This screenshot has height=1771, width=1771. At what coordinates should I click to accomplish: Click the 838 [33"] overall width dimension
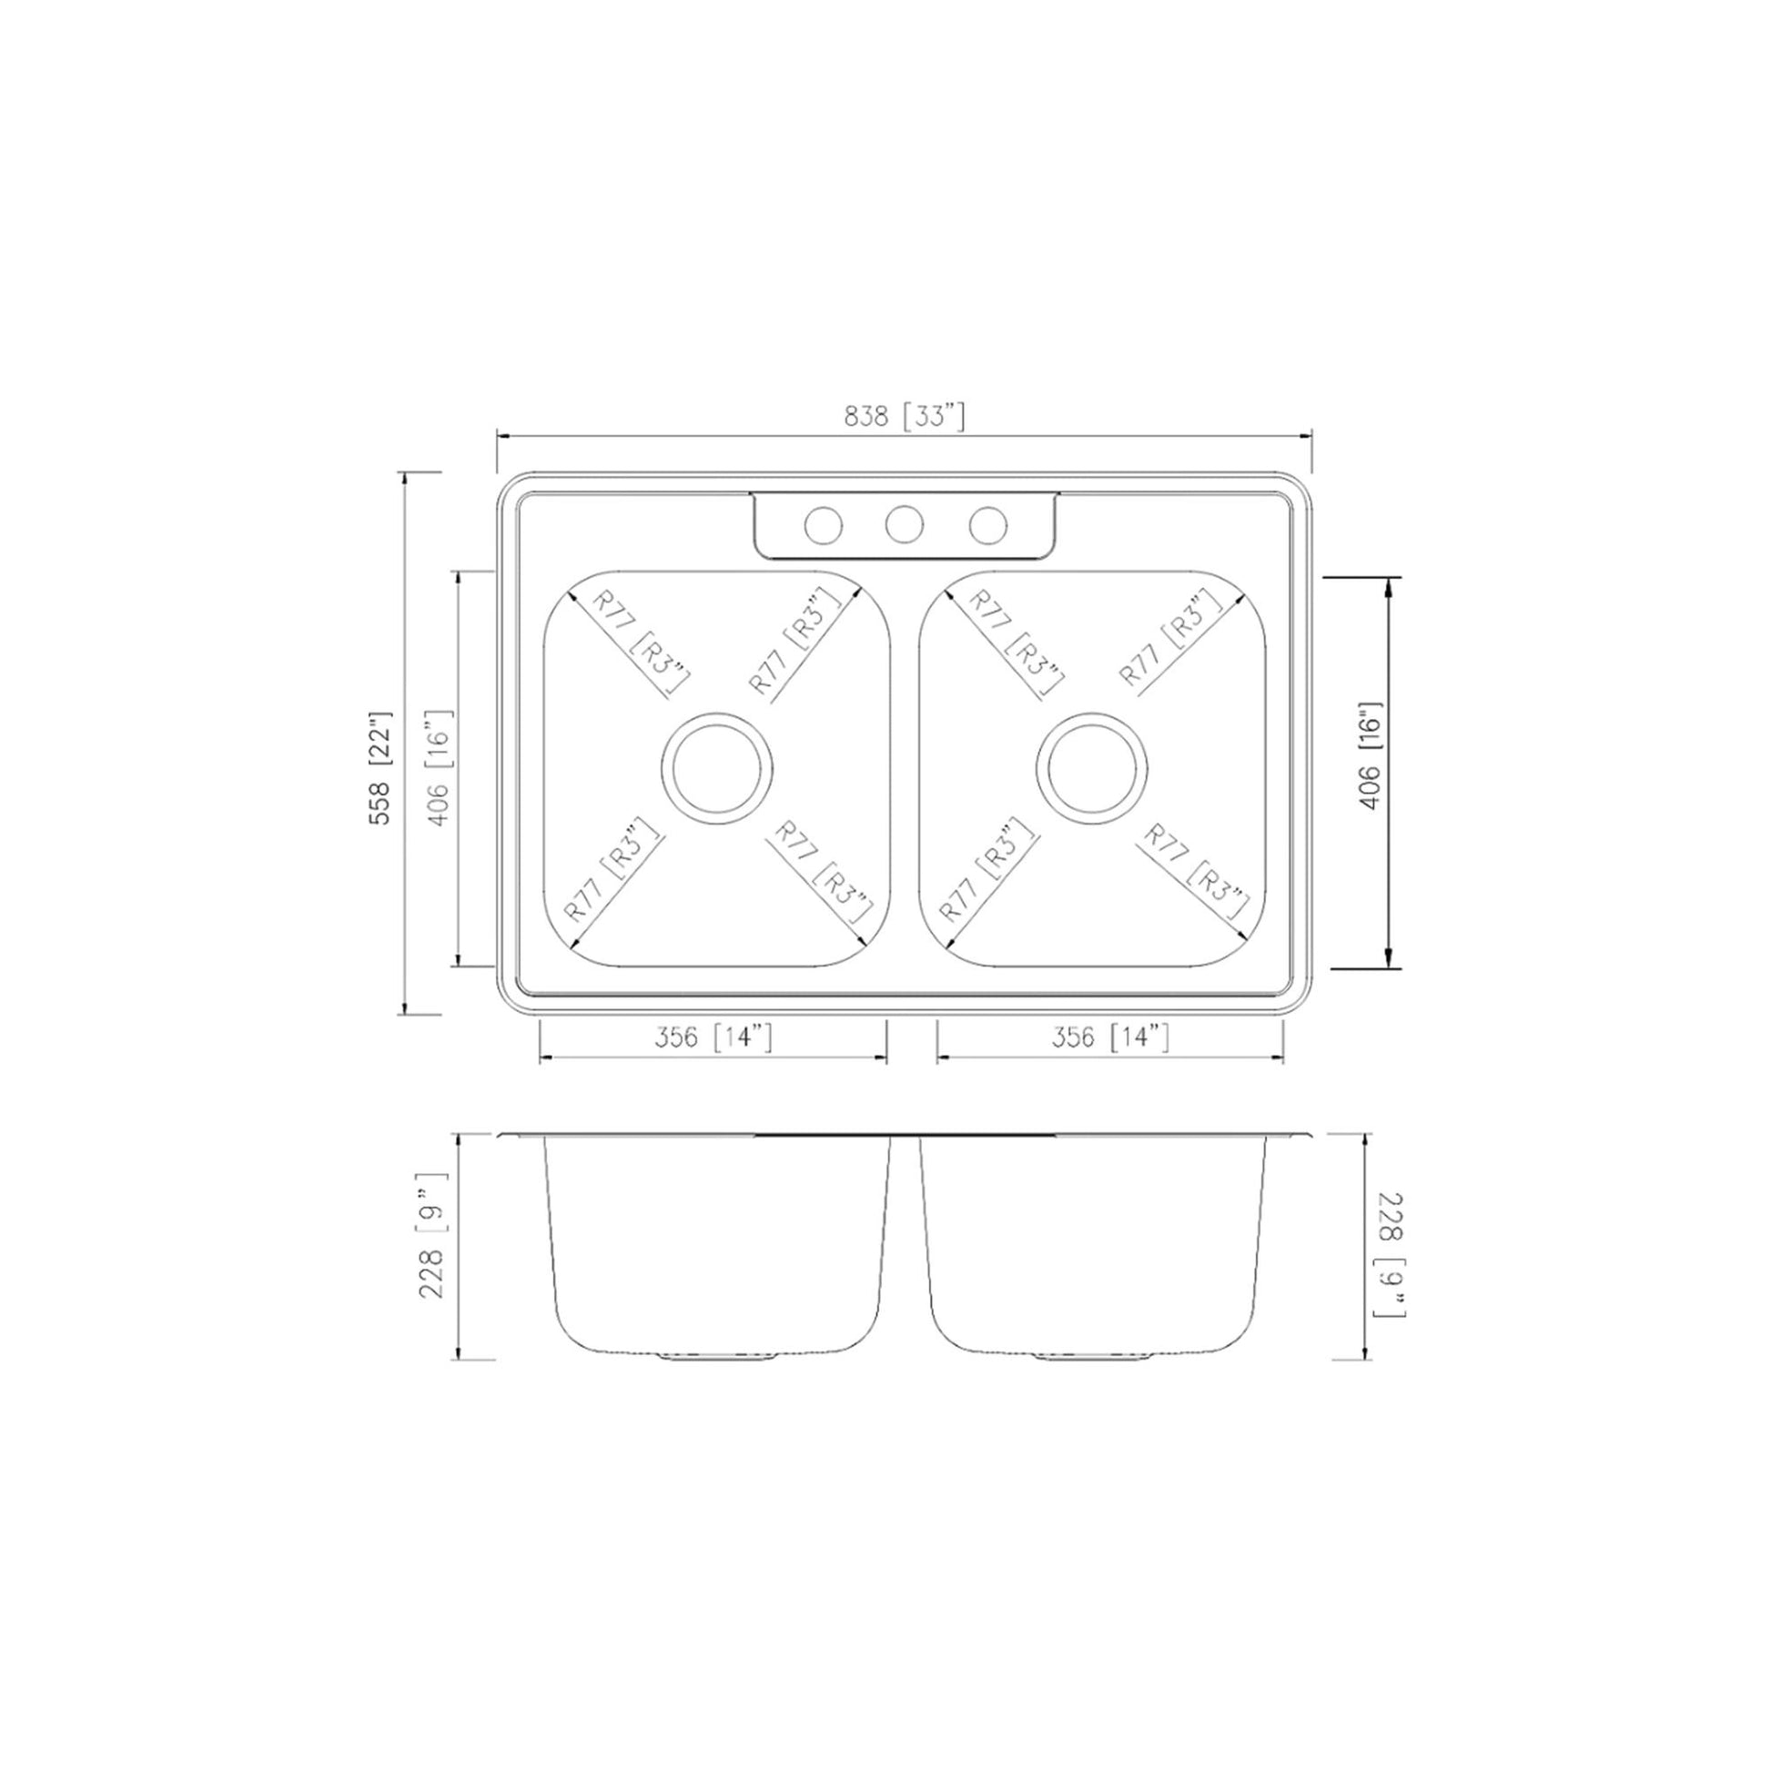tap(904, 417)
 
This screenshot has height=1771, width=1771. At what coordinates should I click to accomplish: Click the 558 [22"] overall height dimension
tap(379, 767)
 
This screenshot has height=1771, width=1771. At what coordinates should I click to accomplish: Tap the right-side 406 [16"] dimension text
tap(1370, 756)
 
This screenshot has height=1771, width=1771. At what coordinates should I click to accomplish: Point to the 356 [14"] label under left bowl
tap(713, 1037)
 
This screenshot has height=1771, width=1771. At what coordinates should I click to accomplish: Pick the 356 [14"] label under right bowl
tap(1110, 1037)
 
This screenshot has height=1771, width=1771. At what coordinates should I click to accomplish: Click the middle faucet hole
tap(904, 524)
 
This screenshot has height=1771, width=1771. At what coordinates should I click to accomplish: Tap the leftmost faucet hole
tap(823, 525)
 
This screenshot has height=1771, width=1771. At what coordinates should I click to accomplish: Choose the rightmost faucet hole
tap(988, 525)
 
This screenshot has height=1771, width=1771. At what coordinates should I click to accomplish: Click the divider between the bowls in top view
tap(905, 770)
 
